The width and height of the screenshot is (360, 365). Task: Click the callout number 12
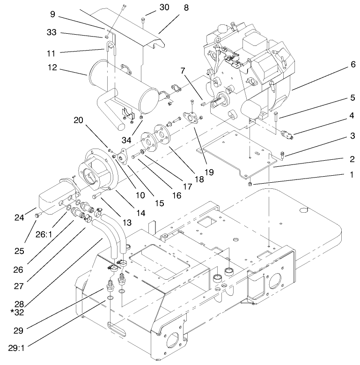[x=52, y=67]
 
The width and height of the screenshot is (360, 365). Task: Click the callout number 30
[x=151, y=7]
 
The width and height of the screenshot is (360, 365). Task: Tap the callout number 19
[x=209, y=172]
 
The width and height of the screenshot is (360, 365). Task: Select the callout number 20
[x=79, y=120]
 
